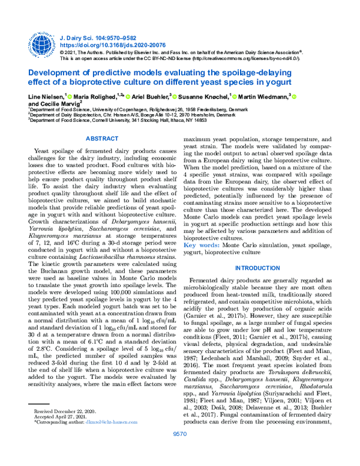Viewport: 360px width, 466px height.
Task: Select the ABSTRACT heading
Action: pos(103,139)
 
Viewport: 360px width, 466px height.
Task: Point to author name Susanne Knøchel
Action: pos(205,96)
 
